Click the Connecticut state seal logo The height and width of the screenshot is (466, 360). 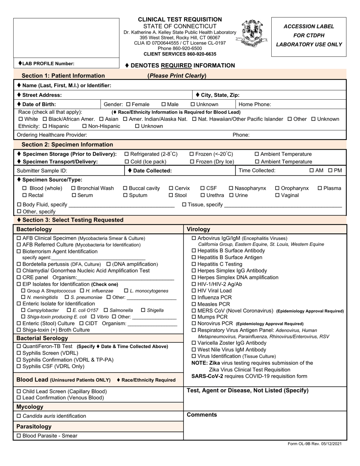coord(252,34)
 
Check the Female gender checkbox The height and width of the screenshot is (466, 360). coord(128,105)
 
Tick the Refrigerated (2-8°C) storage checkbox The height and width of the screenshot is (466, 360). coord(127,154)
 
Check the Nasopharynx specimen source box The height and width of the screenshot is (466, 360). coord(231,188)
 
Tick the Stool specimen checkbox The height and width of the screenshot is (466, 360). coord(171,195)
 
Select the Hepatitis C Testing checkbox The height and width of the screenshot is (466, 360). coord(194,264)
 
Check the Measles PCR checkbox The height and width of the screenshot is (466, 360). coord(194,304)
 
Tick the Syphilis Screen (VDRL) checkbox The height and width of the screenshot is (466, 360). coord(19,353)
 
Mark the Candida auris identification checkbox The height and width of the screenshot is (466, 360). coord(19,416)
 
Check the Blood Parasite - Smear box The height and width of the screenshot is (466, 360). coord(19,436)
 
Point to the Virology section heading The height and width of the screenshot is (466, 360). coord(198,229)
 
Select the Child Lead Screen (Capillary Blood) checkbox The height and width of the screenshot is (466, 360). coord(19,391)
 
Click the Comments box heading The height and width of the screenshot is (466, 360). coord(202,415)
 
